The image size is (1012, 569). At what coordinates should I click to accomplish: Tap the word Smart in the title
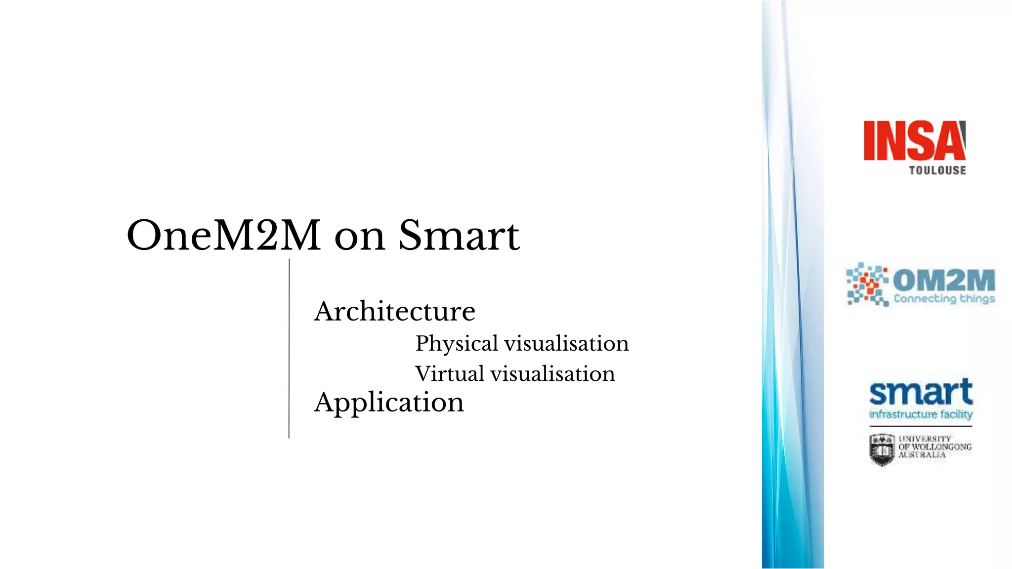pos(459,236)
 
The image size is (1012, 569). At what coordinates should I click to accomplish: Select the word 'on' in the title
pos(359,238)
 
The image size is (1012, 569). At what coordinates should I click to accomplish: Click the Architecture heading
pos(394,311)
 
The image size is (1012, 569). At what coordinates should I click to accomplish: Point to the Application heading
pos(389,402)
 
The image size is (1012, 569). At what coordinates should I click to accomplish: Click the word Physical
pos(456,344)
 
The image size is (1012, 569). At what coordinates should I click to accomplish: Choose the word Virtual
pos(449,374)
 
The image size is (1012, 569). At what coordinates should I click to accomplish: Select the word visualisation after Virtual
pos(552,374)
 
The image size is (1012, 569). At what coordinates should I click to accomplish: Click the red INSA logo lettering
pos(914,141)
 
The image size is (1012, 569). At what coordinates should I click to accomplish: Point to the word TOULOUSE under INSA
pos(937,170)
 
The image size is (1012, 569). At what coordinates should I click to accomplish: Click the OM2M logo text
pos(944,280)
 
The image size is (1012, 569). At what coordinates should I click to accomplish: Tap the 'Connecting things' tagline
pos(944,299)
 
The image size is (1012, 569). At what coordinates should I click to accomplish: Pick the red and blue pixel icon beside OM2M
pos(867,284)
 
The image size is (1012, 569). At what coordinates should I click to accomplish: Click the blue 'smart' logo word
pos(921,393)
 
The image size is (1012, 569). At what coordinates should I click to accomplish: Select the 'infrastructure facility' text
pos(921,414)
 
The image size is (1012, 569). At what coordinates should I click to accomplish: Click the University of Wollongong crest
pos(882,449)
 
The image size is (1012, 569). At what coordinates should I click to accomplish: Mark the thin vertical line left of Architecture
pos(289,348)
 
